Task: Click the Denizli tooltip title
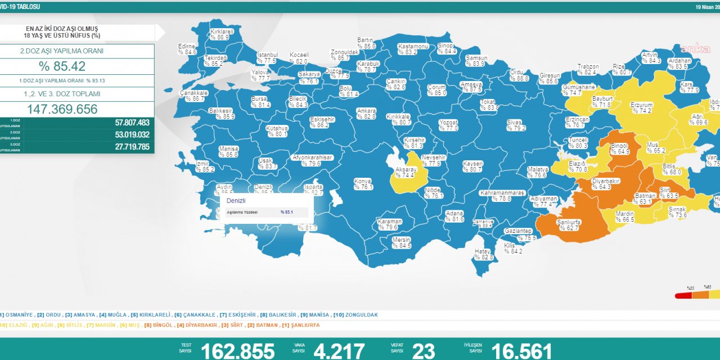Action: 236,200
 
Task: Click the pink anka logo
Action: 696,48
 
